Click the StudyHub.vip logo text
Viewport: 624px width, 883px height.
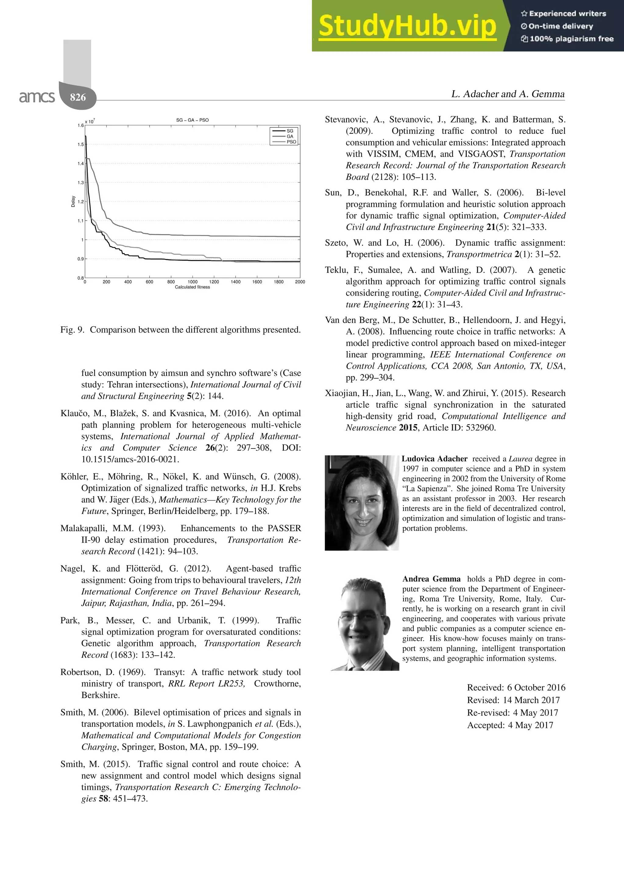(x=407, y=26)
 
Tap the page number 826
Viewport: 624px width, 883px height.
(x=78, y=97)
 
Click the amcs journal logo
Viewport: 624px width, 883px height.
(x=37, y=97)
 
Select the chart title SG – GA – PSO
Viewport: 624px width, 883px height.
(x=192, y=120)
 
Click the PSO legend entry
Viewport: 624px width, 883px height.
(x=291, y=142)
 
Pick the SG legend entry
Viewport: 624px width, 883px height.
(x=290, y=131)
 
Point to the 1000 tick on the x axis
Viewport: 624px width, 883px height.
(x=192, y=282)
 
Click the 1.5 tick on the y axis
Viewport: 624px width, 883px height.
(x=80, y=145)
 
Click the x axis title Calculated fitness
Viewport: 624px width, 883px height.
(x=192, y=287)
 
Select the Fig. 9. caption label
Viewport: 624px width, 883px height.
(x=72, y=330)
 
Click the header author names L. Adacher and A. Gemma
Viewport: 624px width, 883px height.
(x=508, y=94)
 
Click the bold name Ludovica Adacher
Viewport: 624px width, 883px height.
(x=434, y=459)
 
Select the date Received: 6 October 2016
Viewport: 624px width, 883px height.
(x=516, y=687)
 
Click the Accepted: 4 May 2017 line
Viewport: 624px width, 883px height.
(x=510, y=725)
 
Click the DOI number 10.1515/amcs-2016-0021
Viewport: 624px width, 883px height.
(x=130, y=459)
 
